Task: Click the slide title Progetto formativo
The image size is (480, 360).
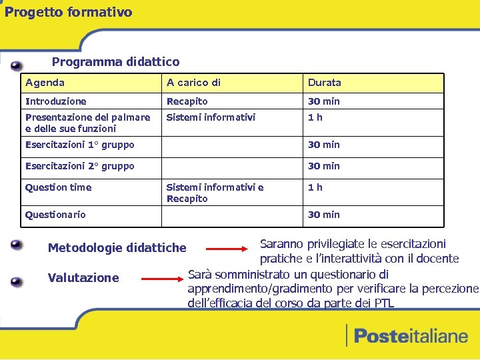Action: click(x=69, y=12)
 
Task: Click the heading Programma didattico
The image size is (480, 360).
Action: click(x=115, y=62)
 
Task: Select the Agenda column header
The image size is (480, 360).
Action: click(x=45, y=83)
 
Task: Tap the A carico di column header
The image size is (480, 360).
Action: click(x=193, y=83)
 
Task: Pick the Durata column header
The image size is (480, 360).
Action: click(x=324, y=83)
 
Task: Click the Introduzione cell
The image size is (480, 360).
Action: click(x=56, y=101)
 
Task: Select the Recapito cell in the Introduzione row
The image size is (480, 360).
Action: click(x=187, y=101)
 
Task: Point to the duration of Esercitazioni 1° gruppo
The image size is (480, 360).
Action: click(x=323, y=145)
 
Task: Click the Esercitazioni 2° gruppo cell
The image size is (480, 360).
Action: click(x=79, y=166)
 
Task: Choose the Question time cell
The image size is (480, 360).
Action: click(x=58, y=187)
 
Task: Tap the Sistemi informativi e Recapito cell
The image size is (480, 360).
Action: click(x=215, y=193)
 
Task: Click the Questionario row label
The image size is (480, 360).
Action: click(x=55, y=215)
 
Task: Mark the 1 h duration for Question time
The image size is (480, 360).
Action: click(x=315, y=187)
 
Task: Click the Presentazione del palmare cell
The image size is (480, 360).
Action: click(x=87, y=123)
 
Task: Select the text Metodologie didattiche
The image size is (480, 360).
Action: click(x=117, y=248)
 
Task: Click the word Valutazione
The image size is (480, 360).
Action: click(x=83, y=278)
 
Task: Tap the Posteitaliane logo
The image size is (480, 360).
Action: click(x=407, y=335)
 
